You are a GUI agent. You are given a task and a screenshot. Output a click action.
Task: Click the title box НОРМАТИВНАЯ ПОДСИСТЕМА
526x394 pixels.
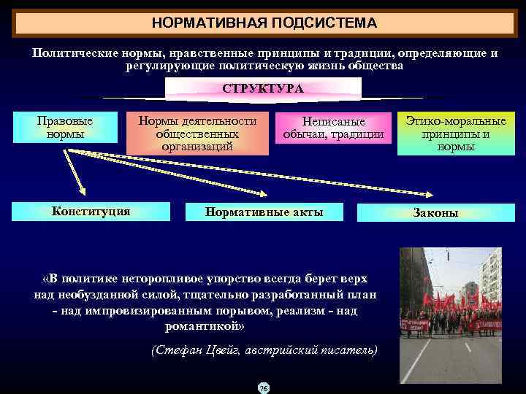coord(264,23)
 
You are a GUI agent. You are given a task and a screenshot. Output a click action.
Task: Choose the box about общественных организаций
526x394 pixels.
coord(197,134)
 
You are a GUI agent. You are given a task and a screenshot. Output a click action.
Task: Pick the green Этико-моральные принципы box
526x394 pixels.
coord(456,134)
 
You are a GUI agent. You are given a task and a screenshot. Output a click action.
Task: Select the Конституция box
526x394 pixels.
coord(91,212)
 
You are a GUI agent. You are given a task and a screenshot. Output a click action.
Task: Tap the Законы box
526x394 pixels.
coord(435,213)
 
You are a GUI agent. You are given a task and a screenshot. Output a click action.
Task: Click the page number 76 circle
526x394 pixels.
coord(263,387)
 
